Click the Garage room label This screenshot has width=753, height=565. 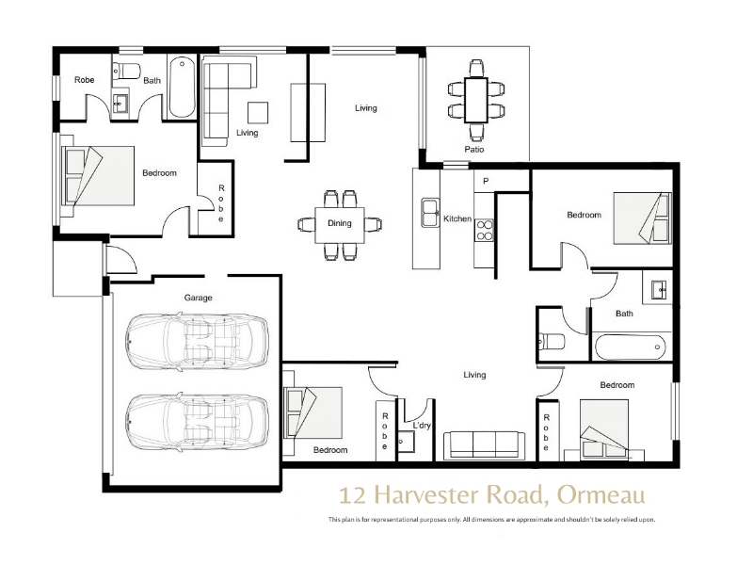pyautogui.click(x=198, y=298)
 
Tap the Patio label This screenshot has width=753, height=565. pyautogui.click(x=474, y=150)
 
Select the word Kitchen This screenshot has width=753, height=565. pyautogui.click(x=457, y=218)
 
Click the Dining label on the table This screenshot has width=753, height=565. pyautogui.click(x=340, y=223)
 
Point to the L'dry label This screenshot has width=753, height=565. pyautogui.click(x=422, y=426)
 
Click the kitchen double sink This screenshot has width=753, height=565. pyautogui.click(x=430, y=213)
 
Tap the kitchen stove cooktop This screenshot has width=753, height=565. pyautogui.click(x=484, y=230)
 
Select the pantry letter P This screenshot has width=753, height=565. pyautogui.click(x=486, y=181)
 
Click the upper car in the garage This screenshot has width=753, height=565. pyautogui.click(x=197, y=341)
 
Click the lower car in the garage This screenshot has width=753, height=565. pyautogui.click(x=197, y=422)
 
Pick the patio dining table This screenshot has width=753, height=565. pyautogui.click(x=476, y=100)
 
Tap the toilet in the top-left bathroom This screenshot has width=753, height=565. pyautogui.click(x=127, y=71)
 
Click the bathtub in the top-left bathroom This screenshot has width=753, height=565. pyautogui.click(x=182, y=88)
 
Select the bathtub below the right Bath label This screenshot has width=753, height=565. pyautogui.click(x=630, y=346)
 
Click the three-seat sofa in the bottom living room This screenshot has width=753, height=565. pyautogui.click(x=484, y=444)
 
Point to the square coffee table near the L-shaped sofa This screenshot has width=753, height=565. pyautogui.click(x=258, y=113)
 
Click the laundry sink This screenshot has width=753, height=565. pyautogui.click(x=406, y=442)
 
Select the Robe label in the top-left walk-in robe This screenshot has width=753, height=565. pyautogui.click(x=84, y=80)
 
